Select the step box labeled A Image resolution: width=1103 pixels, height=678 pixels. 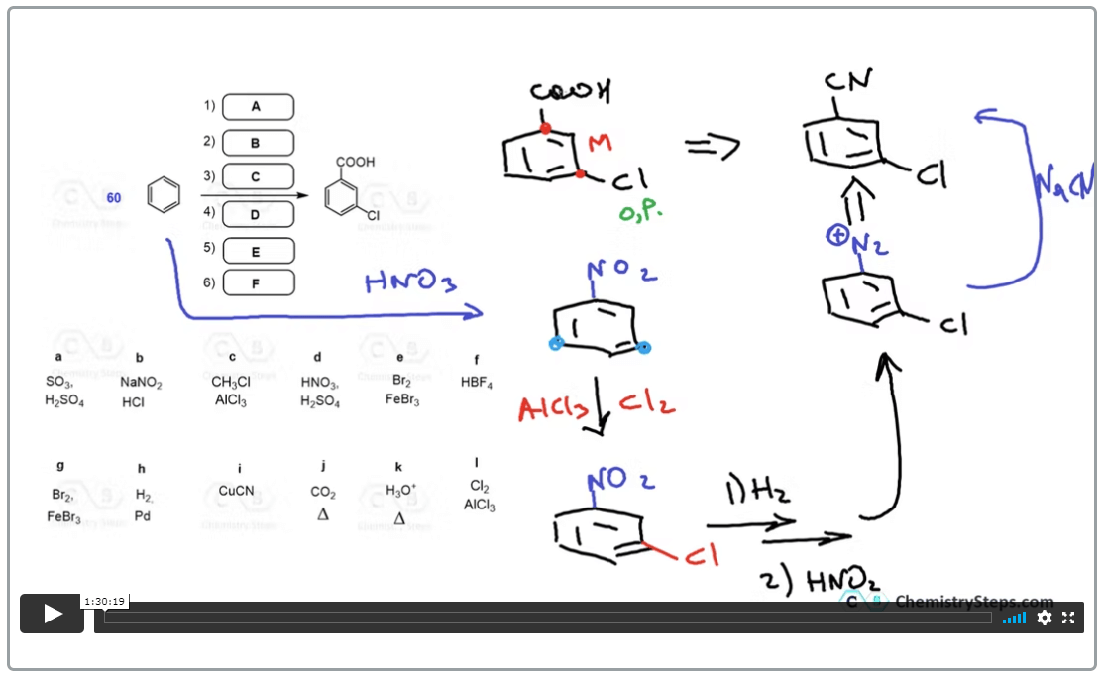coord(258,107)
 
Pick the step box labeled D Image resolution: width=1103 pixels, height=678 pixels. coord(258,214)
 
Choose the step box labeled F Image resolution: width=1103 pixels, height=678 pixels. coord(258,283)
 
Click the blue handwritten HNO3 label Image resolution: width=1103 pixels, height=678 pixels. coord(410,284)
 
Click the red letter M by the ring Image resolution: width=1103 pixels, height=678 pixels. coord(600,144)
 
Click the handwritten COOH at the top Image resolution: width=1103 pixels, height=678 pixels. coord(570,93)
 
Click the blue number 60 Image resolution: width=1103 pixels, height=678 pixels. coord(114,198)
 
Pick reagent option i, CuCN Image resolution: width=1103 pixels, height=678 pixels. coord(239,491)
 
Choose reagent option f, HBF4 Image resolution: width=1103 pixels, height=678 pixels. coord(477,382)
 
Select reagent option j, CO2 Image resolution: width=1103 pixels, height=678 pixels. coord(323,492)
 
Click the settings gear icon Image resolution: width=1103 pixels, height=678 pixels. coord(1044,618)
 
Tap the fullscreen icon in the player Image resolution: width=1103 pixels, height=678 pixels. coord(1068,618)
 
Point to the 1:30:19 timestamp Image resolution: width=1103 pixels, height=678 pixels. coord(104,601)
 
